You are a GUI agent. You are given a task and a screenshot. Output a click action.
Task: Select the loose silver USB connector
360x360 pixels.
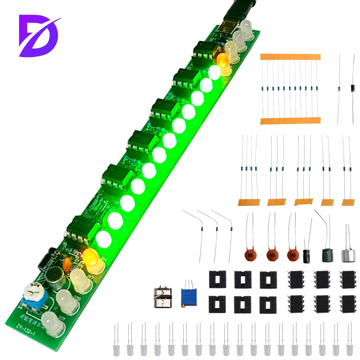coord(162,297)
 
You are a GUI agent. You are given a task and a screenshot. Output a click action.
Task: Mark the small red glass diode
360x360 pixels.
coord(339,89)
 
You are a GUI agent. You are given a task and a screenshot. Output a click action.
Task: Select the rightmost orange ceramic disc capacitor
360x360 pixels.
coord(293,255)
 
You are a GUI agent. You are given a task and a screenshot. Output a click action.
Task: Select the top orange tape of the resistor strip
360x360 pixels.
coord(290,57)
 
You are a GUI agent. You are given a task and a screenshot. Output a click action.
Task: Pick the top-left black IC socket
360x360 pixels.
coord(218,279)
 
